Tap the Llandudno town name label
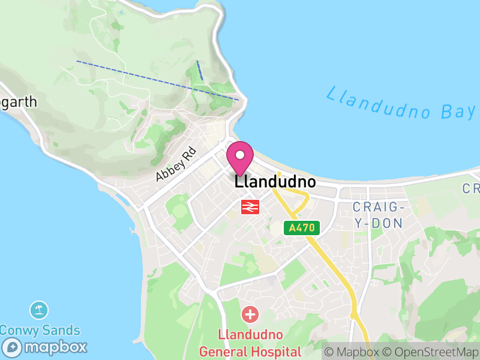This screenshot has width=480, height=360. click(275, 181)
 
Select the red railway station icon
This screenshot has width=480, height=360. click(250, 207)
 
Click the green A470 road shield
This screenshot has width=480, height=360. click(302, 228)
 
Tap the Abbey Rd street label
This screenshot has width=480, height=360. click(176, 164)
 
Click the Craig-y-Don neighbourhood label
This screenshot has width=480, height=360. click(377, 215)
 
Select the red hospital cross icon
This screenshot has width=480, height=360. click(250, 314)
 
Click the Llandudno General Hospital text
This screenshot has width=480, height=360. click(251, 343)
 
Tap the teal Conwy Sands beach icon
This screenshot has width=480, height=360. click(39, 310)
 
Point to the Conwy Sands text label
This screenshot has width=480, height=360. click(40, 330)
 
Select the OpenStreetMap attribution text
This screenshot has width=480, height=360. click(431, 352)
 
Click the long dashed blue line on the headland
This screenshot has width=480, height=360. click(156, 80)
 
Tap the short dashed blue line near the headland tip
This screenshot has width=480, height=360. click(200, 70)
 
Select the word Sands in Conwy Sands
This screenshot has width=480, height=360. click(61, 330)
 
